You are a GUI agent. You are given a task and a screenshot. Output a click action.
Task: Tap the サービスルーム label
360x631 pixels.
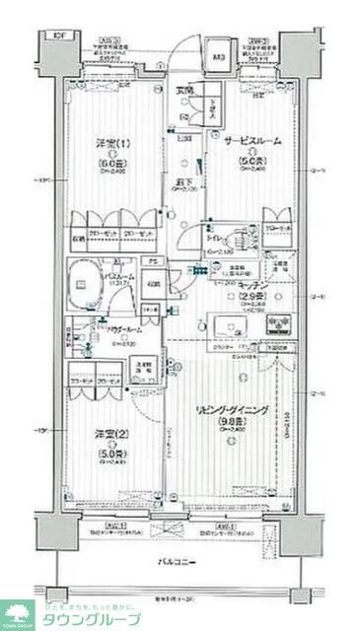[252, 141]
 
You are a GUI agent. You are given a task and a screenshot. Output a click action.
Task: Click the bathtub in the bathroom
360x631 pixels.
[91, 280]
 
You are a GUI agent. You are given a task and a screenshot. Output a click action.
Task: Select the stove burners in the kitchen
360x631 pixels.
[280, 322]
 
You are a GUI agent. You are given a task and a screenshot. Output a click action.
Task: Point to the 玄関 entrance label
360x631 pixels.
[184, 92]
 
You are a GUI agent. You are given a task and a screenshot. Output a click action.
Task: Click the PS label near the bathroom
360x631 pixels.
[149, 262]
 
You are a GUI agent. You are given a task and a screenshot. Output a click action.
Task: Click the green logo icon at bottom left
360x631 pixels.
[18, 613]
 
